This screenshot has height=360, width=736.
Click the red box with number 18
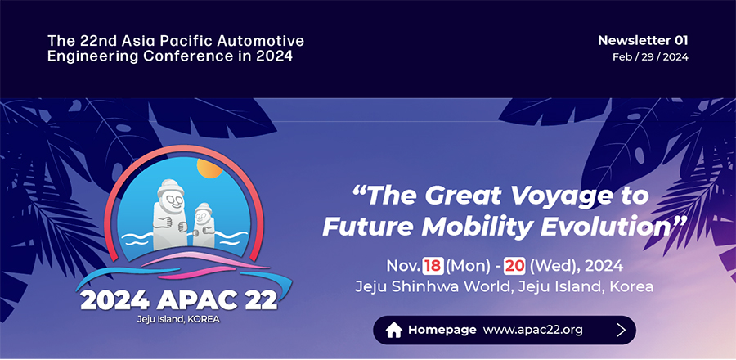(x=433, y=266)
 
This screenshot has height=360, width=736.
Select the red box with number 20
(x=514, y=266)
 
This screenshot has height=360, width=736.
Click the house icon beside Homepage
(x=394, y=330)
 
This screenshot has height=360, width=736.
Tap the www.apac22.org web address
(x=532, y=330)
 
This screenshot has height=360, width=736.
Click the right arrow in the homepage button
(x=622, y=330)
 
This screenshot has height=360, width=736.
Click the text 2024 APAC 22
(x=179, y=299)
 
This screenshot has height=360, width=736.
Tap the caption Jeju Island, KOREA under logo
(x=179, y=318)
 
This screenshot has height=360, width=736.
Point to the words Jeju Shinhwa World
(x=420, y=287)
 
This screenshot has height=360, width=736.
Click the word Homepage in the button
(x=442, y=330)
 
